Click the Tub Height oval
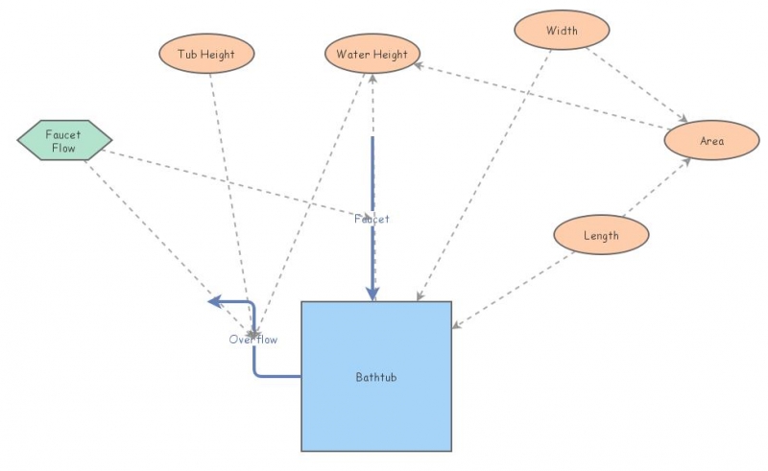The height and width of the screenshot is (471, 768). [206, 54]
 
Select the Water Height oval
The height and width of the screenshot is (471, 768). [372, 54]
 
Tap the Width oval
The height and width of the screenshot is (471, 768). [562, 31]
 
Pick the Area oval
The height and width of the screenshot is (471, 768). [711, 141]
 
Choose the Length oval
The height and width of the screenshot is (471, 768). [601, 235]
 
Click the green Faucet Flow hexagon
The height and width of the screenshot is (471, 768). [64, 141]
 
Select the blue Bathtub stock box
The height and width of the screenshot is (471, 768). [376, 412]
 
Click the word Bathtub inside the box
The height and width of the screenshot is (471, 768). [375, 377]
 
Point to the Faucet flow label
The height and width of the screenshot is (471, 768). [372, 219]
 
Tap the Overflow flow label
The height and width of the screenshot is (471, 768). [253, 339]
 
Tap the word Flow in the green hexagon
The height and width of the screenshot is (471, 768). [64, 148]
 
